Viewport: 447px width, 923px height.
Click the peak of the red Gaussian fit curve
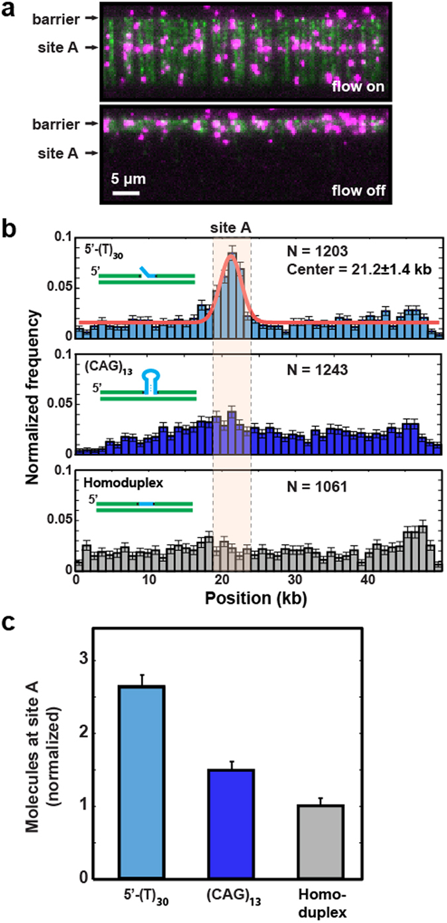[231, 258]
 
